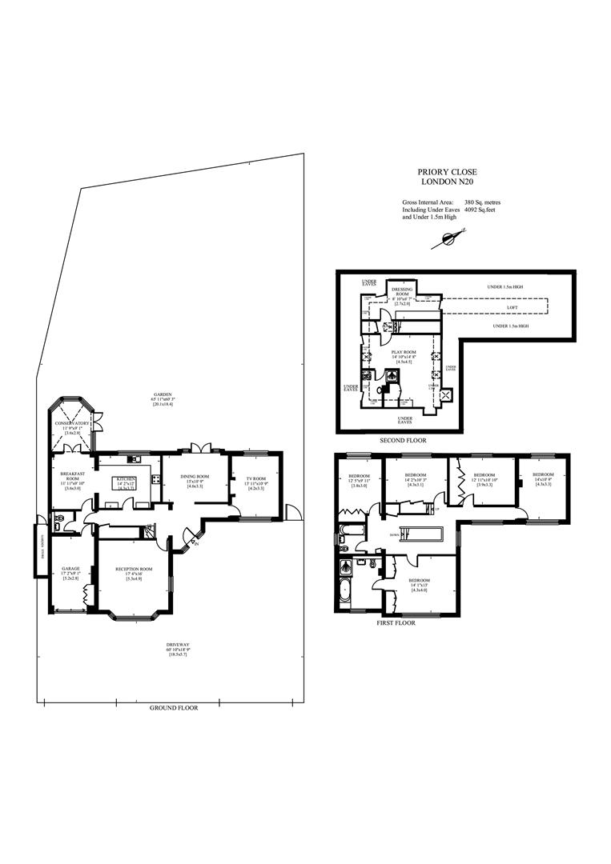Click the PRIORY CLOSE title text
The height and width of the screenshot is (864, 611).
click(x=443, y=171)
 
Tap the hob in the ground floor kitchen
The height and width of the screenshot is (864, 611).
click(x=152, y=480)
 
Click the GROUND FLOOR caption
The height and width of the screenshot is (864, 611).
click(x=174, y=708)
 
